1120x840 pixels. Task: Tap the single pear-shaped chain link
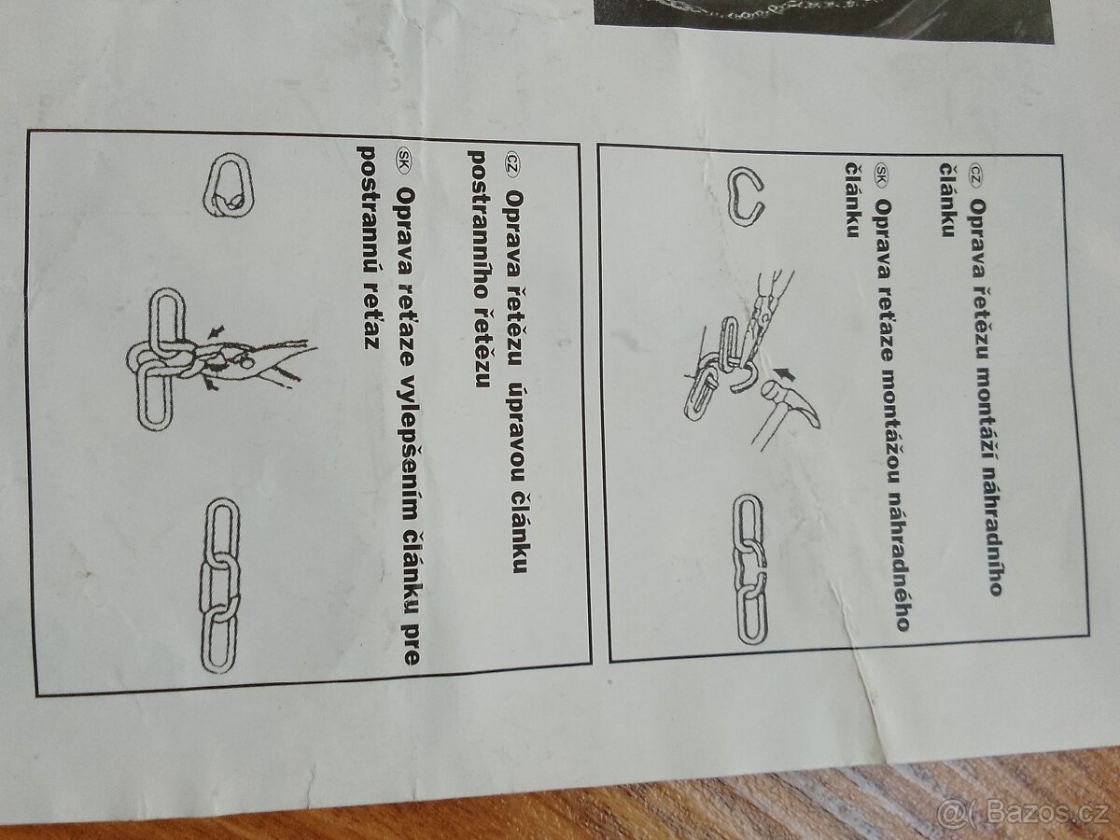pos(227,185)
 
